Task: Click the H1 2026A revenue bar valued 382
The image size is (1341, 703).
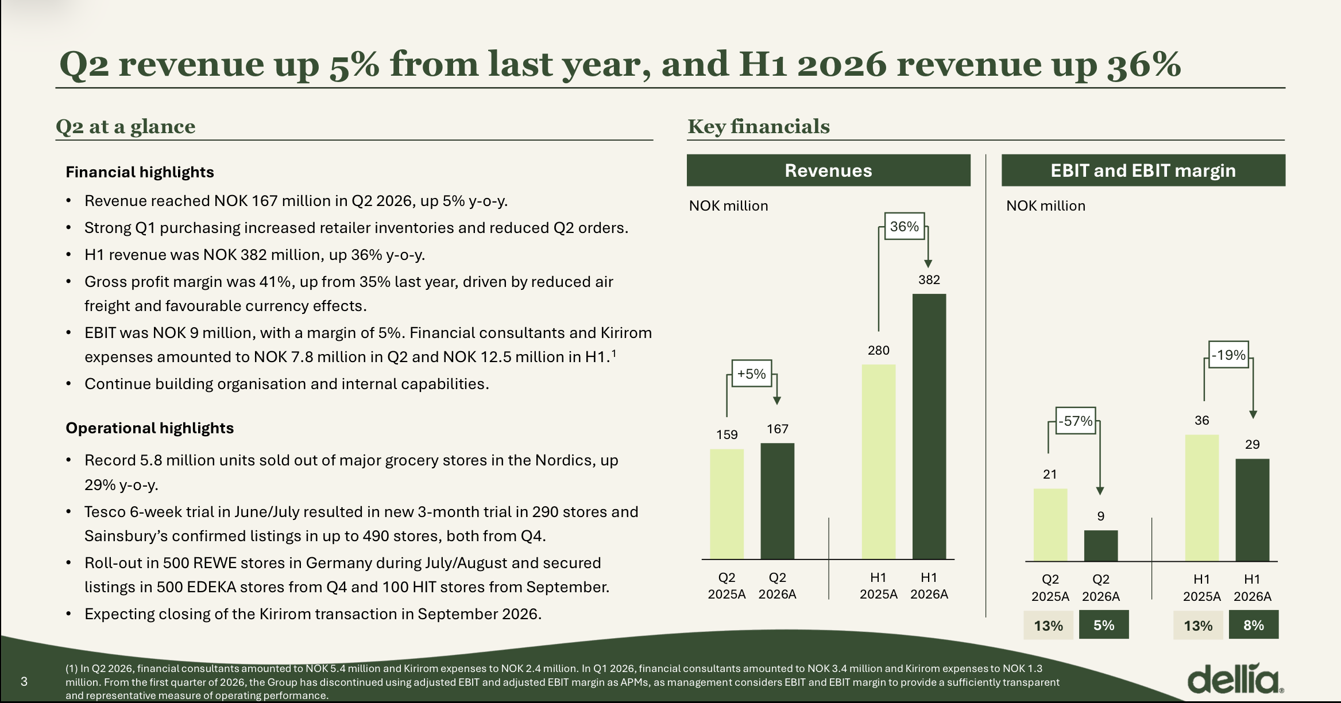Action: (929, 426)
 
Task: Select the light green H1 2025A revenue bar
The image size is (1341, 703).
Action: (879, 461)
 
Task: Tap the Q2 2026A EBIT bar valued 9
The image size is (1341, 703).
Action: (1101, 545)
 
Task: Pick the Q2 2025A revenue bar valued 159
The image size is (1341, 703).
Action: (726, 504)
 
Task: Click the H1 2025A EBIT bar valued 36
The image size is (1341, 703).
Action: (1202, 498)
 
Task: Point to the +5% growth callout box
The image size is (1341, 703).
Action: (752, 374)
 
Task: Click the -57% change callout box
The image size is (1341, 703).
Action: (1076, 421)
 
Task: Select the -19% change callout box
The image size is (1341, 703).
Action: (1228, 355)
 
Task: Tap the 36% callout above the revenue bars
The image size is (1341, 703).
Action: (904, 226)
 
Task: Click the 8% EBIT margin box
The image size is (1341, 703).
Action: (1254, 625)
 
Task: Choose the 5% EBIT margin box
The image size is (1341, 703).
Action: (1104, 625)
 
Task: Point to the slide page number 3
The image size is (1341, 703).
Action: (24, 681)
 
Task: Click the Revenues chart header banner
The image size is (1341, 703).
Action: (829, 170)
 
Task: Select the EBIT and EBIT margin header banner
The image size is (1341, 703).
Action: (1143, 170)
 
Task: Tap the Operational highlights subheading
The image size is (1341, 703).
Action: (149, 428)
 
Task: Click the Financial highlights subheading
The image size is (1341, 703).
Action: (140, 172)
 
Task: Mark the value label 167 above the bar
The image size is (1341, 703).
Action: (778, 429)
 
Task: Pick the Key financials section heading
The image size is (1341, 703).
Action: (759, 126)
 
